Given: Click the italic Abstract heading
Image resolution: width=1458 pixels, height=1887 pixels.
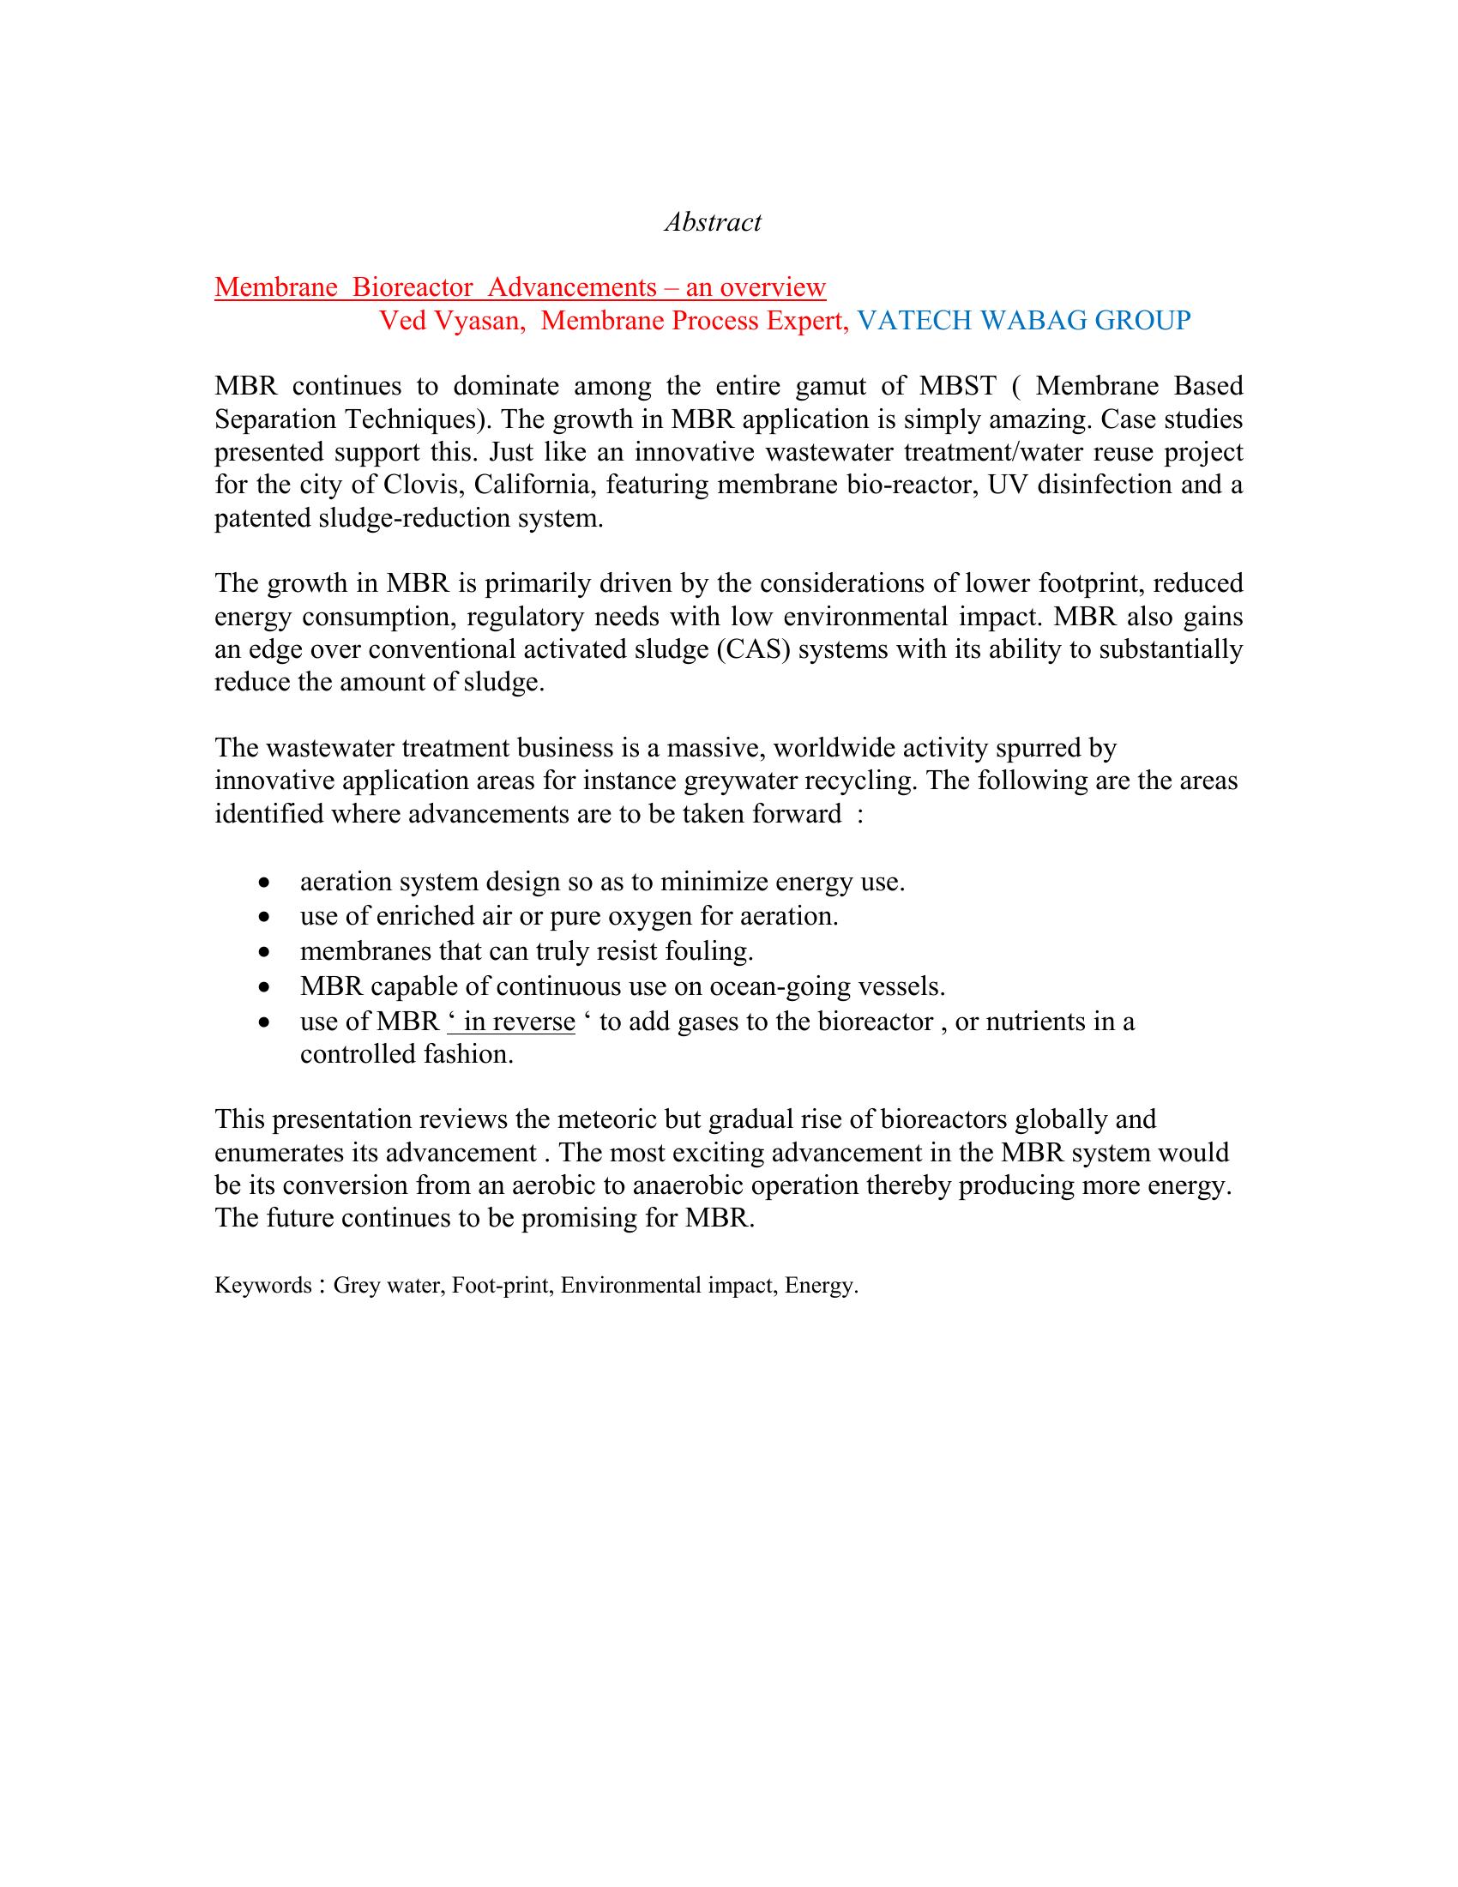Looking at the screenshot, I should pos(713,222).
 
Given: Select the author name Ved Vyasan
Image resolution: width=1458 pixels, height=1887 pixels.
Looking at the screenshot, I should pos(451,321).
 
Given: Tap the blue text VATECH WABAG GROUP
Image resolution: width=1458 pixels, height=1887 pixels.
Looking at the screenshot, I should pos(1023,321).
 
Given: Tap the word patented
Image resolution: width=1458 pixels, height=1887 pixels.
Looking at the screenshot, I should pos(265,518).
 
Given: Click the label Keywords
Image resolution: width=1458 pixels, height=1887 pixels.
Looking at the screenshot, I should pos(262,1286).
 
